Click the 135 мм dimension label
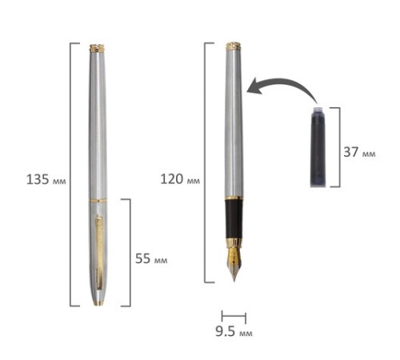[x=46, y=179]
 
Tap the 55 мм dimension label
[x=151, y=258]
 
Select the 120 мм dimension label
[x=180, y=178]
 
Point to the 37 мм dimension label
[x=359, y=152]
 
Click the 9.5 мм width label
[x=234, y=331]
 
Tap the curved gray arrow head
[x=254, y=86]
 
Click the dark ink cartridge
[x=318, y=146]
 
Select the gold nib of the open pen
[x=234, y=262]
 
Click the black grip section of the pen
[x=234, y=219]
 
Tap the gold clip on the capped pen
[x=99, y=252]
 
